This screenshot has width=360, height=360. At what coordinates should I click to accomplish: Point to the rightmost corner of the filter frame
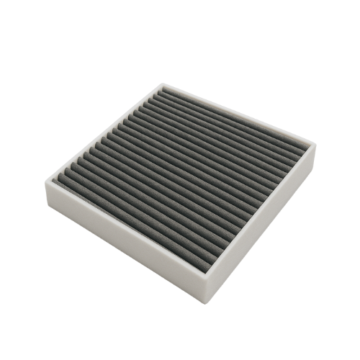pyautogui.click(x=318, y=146)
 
